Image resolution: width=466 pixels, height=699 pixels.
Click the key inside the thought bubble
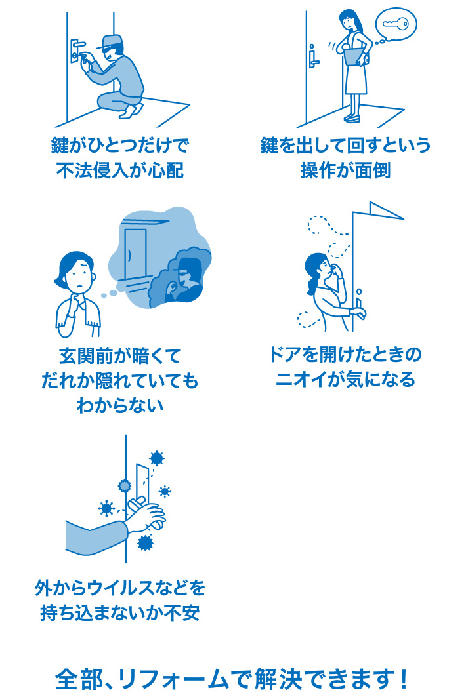click(x=394, y=24)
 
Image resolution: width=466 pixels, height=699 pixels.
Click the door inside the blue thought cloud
click(x=136, y=252)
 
